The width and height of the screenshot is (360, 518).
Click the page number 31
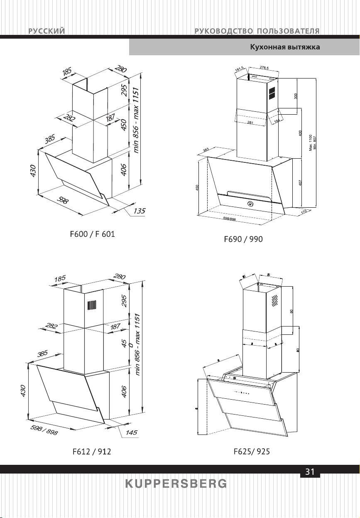tap(310, 471)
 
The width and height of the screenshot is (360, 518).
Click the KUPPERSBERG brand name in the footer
tap(176, 484)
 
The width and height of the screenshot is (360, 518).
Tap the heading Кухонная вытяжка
tap(285, 47)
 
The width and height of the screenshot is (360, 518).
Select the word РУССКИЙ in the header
tap(47, 31)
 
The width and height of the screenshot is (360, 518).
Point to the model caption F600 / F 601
tap(92, 234)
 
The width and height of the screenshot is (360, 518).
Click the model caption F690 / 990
tap(243, 239)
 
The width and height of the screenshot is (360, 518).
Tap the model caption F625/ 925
tap(252, 452)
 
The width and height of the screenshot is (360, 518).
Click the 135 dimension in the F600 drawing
tap(139, 211)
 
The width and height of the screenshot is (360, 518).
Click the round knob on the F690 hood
tap(250, 204)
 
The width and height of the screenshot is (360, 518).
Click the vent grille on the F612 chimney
tap(92, 306)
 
